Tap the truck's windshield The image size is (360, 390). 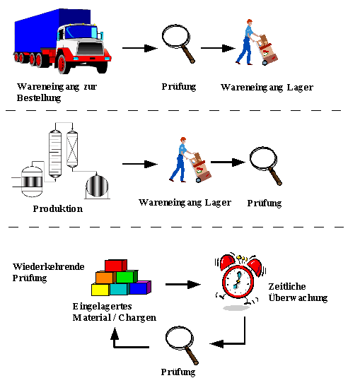click(81, 32)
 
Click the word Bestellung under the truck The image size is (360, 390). click(39, 98)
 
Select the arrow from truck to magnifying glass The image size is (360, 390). click(140, 48)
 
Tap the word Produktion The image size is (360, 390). click(58, 208)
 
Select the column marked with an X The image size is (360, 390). click(72, 149)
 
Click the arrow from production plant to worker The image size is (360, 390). click(140, 164)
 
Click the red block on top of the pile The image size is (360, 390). click(116, 266)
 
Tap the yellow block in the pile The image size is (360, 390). click(100, 290)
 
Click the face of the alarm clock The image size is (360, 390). click(238, 282)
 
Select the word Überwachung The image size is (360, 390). click(298, 298)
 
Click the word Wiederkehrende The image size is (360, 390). click(49, 266)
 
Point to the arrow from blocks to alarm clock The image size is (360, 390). click(183, 284)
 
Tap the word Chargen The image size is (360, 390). click(137, 318)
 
